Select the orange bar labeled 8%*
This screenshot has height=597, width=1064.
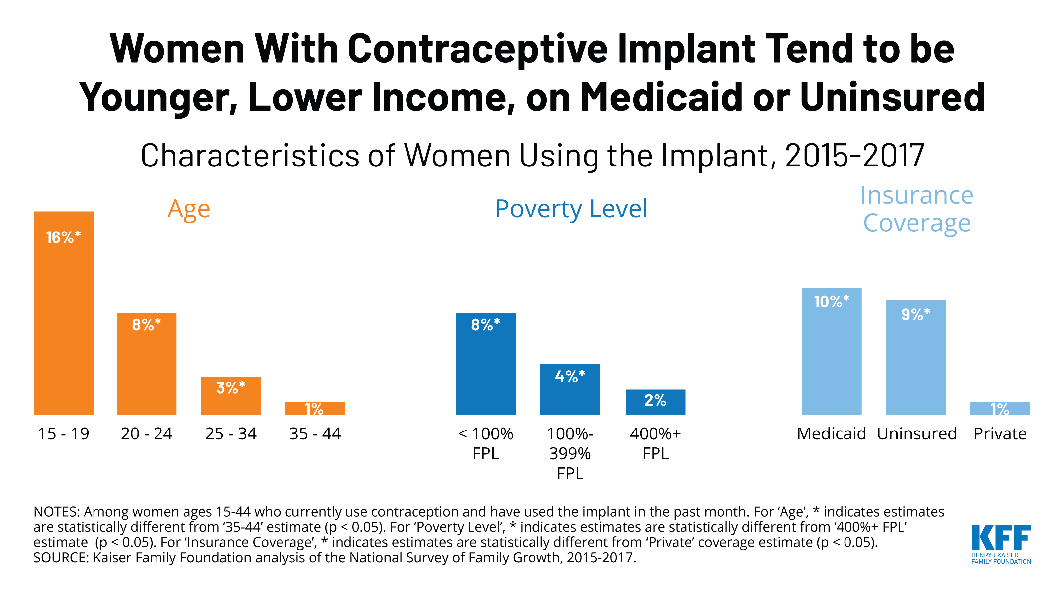pos(146,364)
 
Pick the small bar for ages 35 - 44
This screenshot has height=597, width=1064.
pos(315,408)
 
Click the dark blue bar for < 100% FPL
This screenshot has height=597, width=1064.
pos(485,364)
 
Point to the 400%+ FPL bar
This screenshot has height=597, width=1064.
pos(655,402)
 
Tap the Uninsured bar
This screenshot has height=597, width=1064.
pos(915,358)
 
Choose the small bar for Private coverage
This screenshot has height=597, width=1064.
pos(1000,408)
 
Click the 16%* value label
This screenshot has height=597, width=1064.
pos(63,237)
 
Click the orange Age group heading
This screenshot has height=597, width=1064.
pos(189,209)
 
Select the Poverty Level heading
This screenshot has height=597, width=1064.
pos(571,209)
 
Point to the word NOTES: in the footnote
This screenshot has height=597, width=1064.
pos(57,512)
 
